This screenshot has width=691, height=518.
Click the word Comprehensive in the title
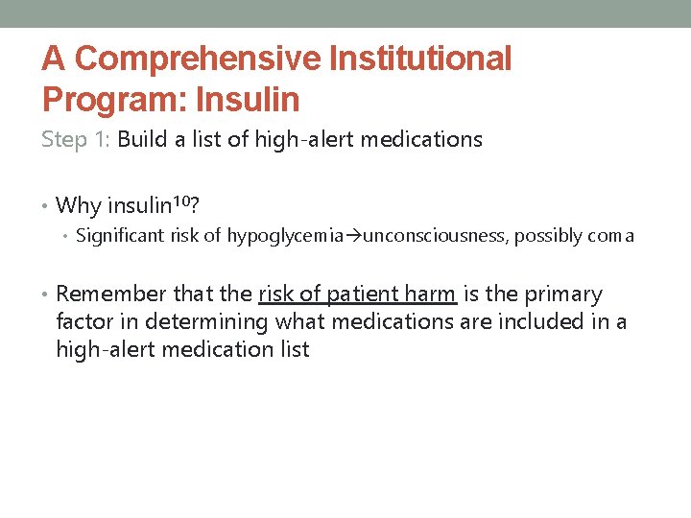tap(197, 59)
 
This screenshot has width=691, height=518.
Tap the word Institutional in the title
tap(420, 59)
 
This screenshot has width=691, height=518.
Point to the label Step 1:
tap(77, 139)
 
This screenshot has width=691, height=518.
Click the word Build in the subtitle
tap(142, 139)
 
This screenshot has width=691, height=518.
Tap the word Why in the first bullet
tap(79, 205)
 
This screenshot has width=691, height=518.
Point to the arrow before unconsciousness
tap(356, 236)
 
